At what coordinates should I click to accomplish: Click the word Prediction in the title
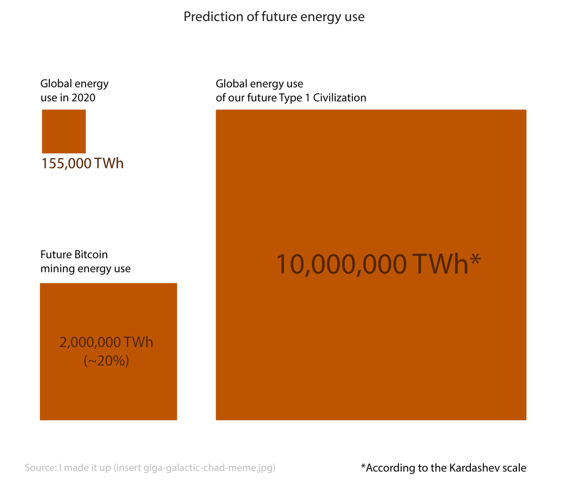click(x=213, y=17)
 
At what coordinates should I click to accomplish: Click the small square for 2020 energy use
click(x=64, y=131)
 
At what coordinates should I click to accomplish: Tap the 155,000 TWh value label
click(x=82, y=163)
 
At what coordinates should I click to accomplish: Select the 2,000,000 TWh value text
click(x=106, y=342)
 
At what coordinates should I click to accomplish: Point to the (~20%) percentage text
click(x=106, y=361)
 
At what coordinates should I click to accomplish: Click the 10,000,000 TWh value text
click(x=372, y=264)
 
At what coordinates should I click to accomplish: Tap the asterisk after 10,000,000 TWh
click(x=475, y=258)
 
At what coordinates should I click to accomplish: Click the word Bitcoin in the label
click(x=91, y=254)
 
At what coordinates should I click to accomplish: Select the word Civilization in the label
click(x=339, y=97)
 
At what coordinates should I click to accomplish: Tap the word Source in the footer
click(x=41, y=468)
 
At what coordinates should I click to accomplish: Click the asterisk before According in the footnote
click(x=363, y=465)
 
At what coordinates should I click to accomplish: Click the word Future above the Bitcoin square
click(x=56, y=254)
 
